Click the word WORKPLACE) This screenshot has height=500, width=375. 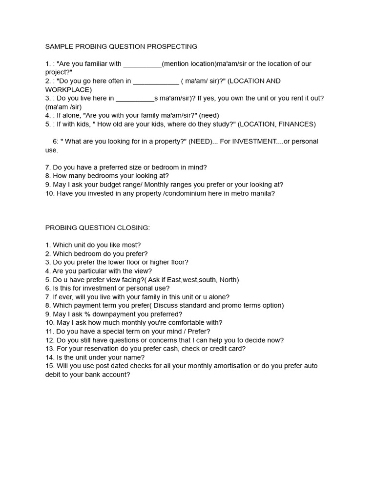pos(68,90)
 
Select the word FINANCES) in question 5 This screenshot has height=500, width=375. pos(297,124)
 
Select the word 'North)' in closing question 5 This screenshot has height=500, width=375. pos(228,280)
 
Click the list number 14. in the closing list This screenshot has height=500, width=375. pos(50,357)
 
